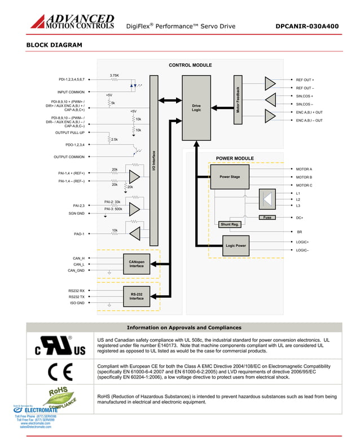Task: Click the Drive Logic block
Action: (x=196, y=107)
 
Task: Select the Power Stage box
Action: (x=230, y=177)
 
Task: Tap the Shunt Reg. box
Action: (x=230, y=224)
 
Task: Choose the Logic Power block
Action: (x=236, y=246)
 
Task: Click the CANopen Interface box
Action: (x=137, y=264)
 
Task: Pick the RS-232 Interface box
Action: (x=137, y=296)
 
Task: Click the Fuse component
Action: (x=267, y=217)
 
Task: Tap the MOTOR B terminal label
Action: (x=304, y=177)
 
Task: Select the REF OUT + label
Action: (x=305, y=80)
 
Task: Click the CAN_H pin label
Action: (x=78, y=258)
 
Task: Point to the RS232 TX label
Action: (x=77, y=297)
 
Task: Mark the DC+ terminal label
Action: (x=300, y=217)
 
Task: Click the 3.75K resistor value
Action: (x=114, y=75)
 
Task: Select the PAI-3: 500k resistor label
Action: (x=113, y=208)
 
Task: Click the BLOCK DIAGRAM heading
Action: (x=54, y=45)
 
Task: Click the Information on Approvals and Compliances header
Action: (x=184, y=328)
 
